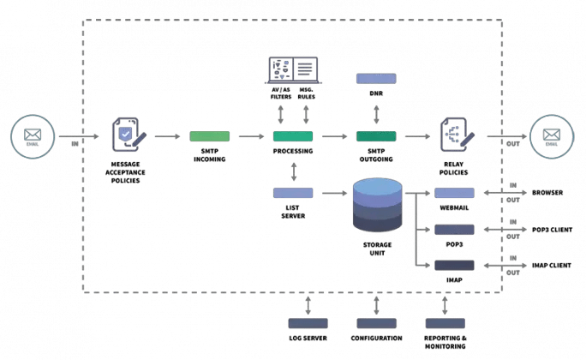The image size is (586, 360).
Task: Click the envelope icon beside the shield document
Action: coord(33,136)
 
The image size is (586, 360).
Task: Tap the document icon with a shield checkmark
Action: coord(128,136)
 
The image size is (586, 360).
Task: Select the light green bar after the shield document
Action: coord(209,136)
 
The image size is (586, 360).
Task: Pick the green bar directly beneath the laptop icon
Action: coord(293,136)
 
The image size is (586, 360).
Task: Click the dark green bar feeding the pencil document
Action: coord(376,136)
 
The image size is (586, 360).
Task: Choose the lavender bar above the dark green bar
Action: coord(376,79)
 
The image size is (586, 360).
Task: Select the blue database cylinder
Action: coord(376,206)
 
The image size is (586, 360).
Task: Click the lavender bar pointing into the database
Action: coord(293,193)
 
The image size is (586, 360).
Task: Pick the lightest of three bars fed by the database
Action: coord(454,193)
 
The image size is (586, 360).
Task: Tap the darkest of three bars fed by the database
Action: coord(454,266)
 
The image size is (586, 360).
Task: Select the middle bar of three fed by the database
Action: coord(454,230)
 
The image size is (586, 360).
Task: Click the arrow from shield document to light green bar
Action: coord(168,136)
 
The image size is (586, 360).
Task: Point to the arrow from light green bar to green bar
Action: coord(250,136)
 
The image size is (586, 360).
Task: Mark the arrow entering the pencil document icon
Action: coord(417,136)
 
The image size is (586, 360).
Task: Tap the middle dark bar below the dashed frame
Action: coord(376,323)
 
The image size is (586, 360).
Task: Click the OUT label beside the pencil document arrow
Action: coord(508,142)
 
